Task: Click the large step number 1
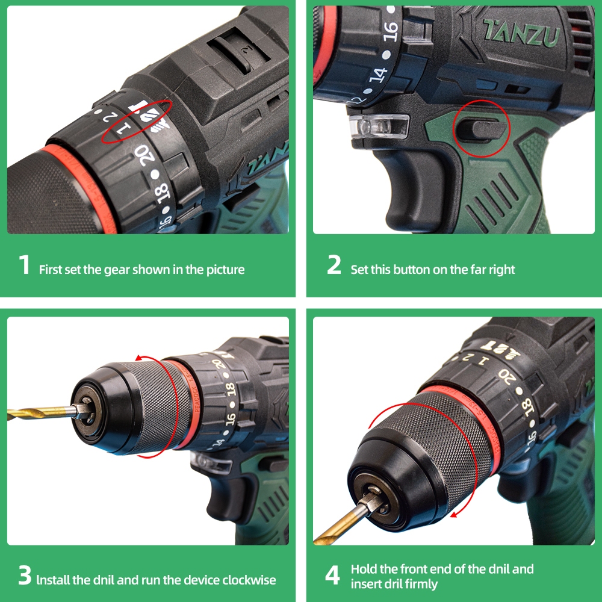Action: (x=25, y=264)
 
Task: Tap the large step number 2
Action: (x=334, y=264)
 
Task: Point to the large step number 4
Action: (x=332, y=575)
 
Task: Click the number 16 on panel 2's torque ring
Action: (x=391, y=31)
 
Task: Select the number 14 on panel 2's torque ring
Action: (x=378, y=75)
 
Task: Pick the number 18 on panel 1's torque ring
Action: (x=163, y=193)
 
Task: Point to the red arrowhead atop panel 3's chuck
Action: (x=140, y=359)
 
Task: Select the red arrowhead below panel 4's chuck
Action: (x=455, y=514)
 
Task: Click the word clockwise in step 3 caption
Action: (x=249, y=579)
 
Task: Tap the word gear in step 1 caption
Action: (x=117, y=270)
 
